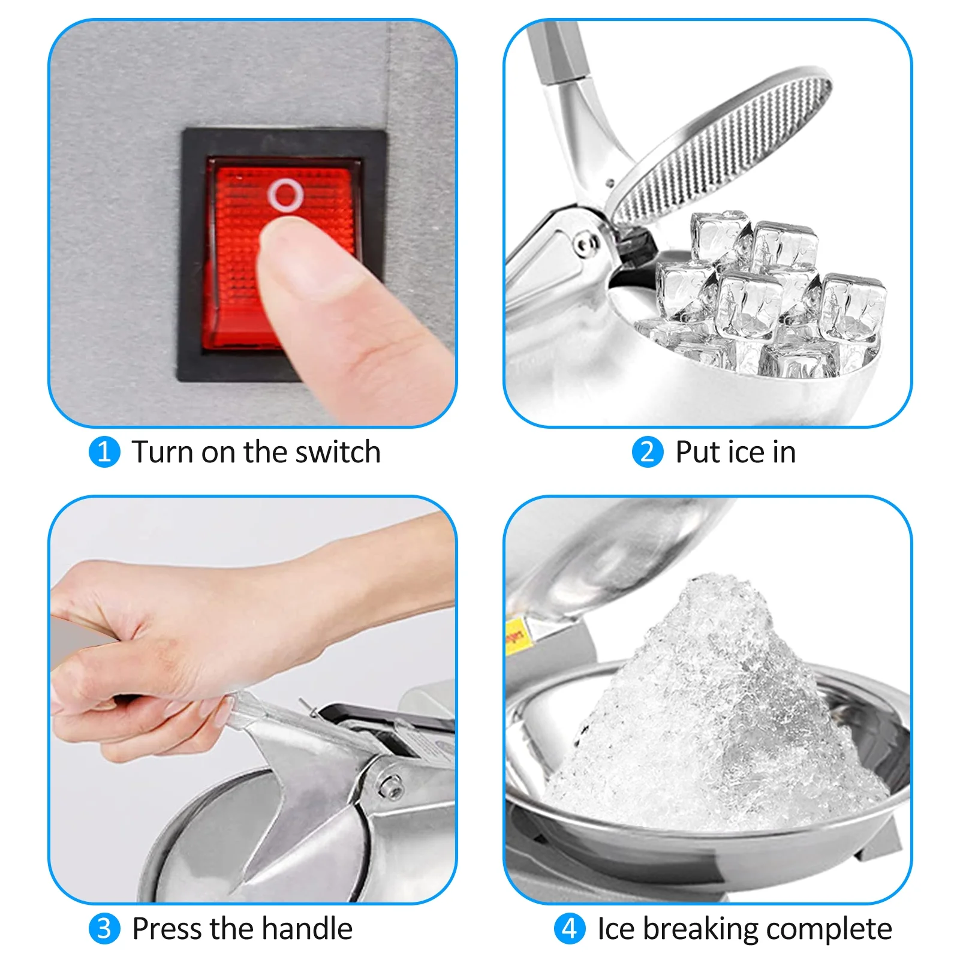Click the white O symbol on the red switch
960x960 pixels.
click(x=285, y=194)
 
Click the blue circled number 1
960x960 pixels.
click(x=104, y=452)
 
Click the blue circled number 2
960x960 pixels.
click(x=648, y=452)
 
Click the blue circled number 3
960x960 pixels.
click(x=104, y=928)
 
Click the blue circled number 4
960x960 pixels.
click(x=569, y=928)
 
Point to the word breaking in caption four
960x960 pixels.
click(x=700, y=929)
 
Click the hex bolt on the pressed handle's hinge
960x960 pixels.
click(x=390, y=786)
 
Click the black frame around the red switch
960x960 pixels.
click(x=192, y=252)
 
